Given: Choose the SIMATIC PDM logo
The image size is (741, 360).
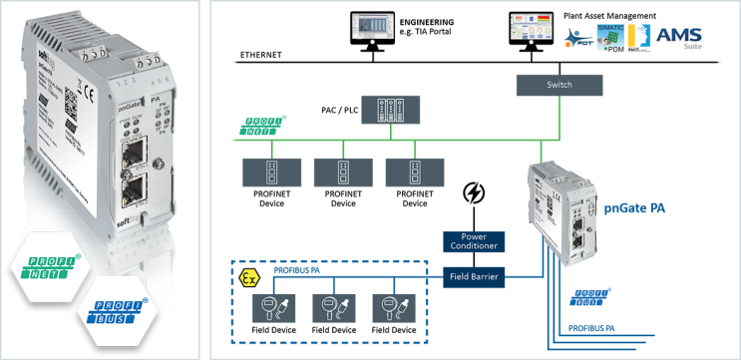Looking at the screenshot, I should (619, 37).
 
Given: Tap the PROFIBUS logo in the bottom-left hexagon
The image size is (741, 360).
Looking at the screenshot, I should (116, 312).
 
